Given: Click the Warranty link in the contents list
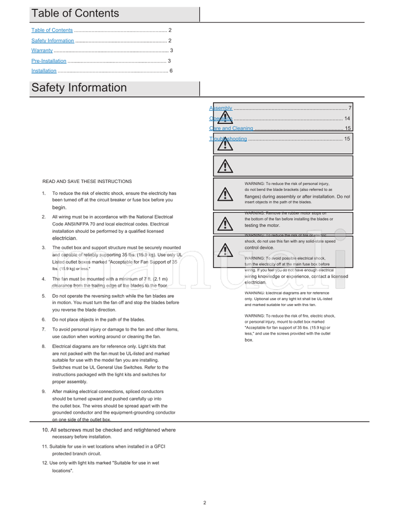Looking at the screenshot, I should [42, 50].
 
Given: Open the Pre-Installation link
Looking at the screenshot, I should [48, 61].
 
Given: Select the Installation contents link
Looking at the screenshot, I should [43, 71].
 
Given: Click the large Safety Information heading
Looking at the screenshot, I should [79, 88].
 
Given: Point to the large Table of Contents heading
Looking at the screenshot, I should [75, 13].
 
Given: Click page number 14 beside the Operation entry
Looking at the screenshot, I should [347, 118].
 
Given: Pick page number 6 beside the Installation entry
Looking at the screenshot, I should [171, 71].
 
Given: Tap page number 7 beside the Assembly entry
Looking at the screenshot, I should [350, 108].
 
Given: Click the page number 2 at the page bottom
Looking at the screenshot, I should [204, 503].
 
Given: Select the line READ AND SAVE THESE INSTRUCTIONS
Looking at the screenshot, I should [87, 181].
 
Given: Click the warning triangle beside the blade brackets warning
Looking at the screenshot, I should [225, 193].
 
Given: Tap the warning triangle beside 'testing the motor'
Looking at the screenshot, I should [225, 222].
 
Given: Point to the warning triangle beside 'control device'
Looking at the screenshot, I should [225, 248].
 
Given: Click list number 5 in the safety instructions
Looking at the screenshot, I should [43, 296].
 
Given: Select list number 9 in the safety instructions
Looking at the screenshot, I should [43, 391].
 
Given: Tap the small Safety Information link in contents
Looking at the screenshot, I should [52, 40].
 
